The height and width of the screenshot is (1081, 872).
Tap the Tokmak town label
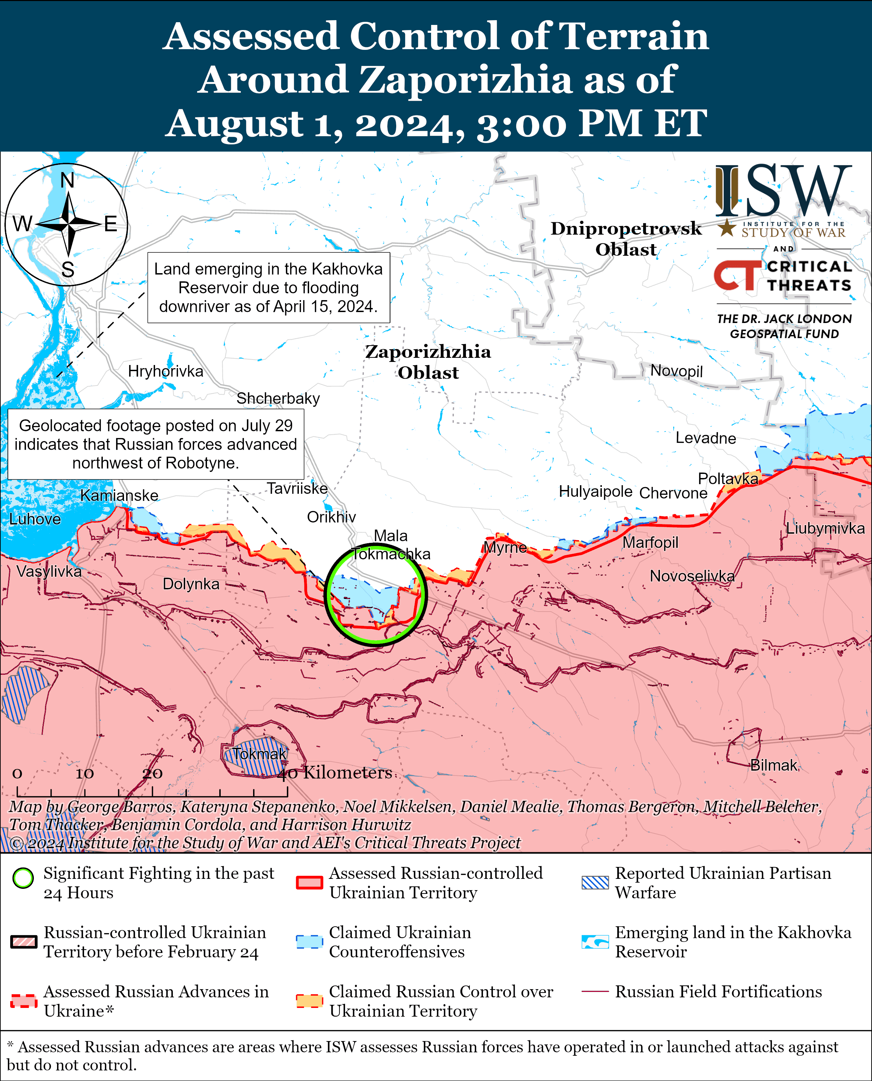259,754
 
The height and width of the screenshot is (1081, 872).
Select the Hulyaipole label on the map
595,491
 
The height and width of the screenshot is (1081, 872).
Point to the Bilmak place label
774,765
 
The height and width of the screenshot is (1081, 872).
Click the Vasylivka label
49,571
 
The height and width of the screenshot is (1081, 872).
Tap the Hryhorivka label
165,371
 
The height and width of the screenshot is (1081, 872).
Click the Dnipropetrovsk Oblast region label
626,238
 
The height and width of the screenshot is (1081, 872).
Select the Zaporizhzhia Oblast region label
428,362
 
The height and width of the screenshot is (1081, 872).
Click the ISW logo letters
784,191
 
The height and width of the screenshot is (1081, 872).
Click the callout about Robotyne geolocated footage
156,444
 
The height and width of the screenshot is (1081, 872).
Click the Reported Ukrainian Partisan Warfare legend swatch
595,883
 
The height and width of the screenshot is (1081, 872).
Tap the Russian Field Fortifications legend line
595,992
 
